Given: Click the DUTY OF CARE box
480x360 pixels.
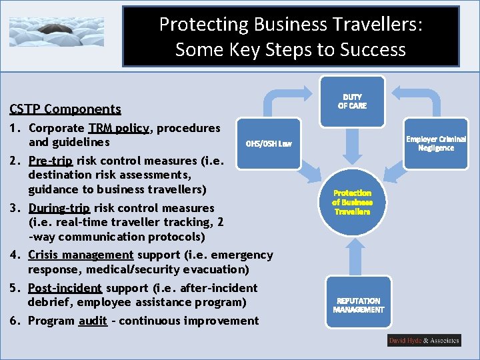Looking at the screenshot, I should (x=352, y=101).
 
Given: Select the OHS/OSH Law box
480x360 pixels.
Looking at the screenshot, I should (x=269, y=143).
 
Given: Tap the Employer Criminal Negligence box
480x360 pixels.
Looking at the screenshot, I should (x=436, y=143).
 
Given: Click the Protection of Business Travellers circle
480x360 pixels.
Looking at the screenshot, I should (x=352, y=202).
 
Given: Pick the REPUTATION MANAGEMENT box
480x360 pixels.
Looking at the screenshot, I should (x=358, y=305).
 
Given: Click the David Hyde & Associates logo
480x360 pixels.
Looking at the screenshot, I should (x=424, y=341).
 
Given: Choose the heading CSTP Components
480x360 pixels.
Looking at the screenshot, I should (x=65, y=109).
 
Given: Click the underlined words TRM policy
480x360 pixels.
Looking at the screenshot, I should (x=118, y=128).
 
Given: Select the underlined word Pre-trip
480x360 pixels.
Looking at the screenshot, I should (x=51, y=161).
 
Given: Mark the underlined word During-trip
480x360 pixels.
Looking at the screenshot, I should (x=59, y=208).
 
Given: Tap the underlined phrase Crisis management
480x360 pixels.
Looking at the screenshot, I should (x=81, y=255).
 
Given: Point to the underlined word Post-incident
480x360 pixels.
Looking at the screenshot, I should (x=65, y=288).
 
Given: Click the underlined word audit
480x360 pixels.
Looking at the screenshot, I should (x=93, y=321).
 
